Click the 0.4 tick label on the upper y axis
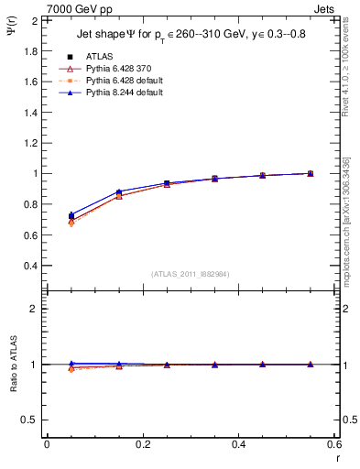[x=29, y=266]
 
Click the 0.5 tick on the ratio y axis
[x=29, y=420]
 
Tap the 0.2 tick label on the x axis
[x=142, y=444]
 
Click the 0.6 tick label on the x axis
[x=333, y=444]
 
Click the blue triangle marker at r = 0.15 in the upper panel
[x=119, y=191]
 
